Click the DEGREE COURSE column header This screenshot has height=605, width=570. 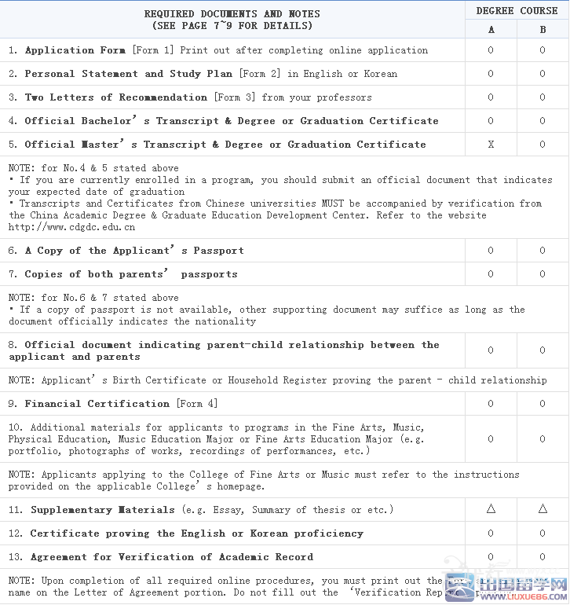tap(517, 11)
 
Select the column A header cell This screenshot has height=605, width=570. tap(491, 30)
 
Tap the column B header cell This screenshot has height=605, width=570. tap(543, 30)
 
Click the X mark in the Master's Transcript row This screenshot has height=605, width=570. tap(491, 145)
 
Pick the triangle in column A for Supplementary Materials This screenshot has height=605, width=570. tap(491, 509)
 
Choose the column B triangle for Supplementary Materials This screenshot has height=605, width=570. tap(543, 509)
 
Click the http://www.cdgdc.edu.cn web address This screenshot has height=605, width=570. tap(71, 227)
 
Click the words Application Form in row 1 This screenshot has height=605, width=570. tap(75, 50)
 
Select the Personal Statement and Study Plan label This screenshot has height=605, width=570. tap(128, 74)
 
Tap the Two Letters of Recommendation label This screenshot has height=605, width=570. tap(115, 97)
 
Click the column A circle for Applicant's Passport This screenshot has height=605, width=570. tap(491, 251)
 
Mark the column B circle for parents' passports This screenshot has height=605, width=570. tap(543, 274)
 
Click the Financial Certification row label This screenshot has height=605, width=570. tap(97, 404)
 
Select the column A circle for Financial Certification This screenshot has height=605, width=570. tap(491, 404)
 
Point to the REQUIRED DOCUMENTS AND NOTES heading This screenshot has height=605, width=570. tap(232, 19)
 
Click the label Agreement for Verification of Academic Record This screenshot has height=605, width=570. tap(171, 557)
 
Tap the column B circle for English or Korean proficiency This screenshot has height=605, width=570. tap(543, 533)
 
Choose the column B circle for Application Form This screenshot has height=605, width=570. tap(543, 50)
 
